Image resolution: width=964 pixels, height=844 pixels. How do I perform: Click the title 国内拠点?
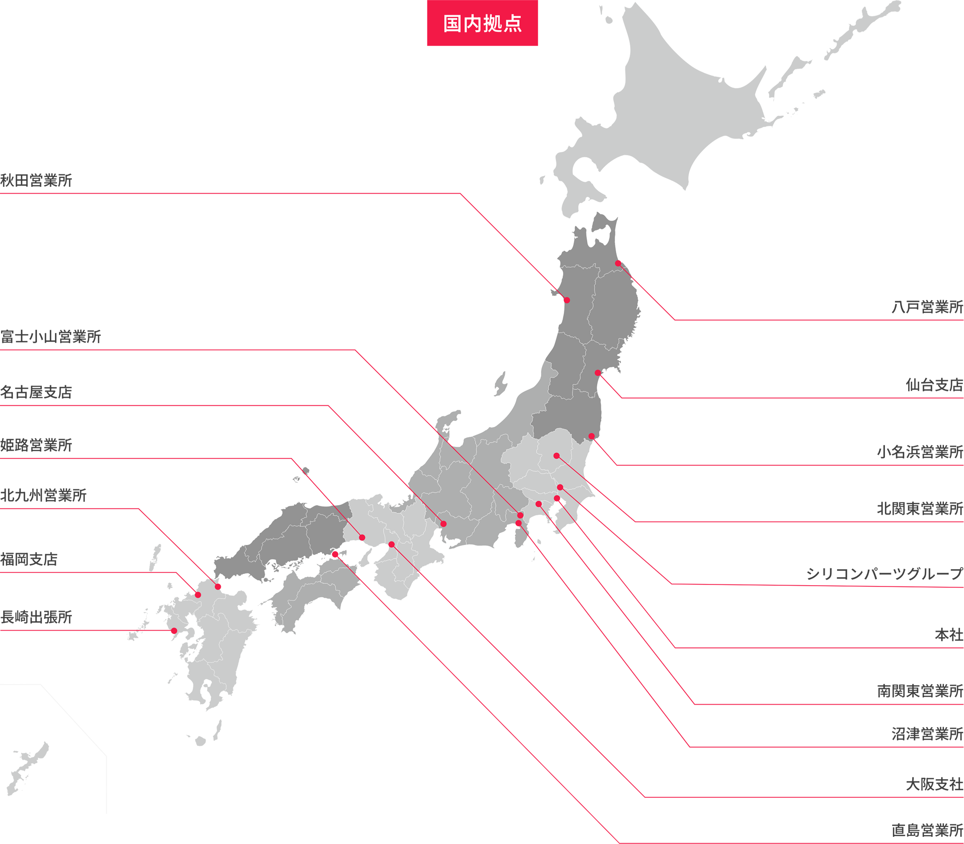click(x=482, y=24)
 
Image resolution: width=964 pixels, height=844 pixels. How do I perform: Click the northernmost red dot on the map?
click(x=618, y=263)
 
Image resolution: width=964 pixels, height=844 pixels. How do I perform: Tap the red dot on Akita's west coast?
click(x=567, y=300)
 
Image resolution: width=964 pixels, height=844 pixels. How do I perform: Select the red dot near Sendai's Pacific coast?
click(x=598, y=373)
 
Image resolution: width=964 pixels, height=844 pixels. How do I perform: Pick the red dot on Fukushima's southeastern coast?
click(x=591, y=436)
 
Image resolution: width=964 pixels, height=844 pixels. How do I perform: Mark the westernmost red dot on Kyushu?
click(x=174, y=631)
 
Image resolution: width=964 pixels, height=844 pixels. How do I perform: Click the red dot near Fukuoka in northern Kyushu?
click(x=198, y=595)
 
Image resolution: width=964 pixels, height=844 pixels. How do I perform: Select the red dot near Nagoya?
click(x=443, y=524)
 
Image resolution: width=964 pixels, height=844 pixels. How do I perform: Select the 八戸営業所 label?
click(x=923, y=309)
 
